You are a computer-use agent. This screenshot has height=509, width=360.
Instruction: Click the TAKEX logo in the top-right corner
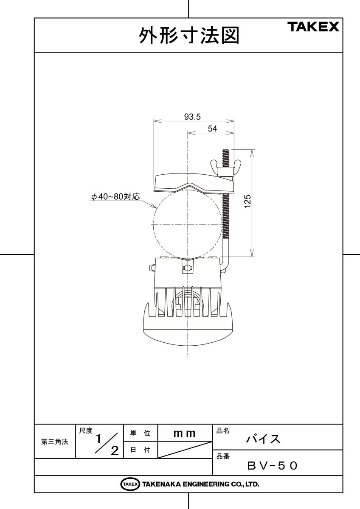tap(314, 28)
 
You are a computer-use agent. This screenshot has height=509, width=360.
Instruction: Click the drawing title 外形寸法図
tap(189, 36)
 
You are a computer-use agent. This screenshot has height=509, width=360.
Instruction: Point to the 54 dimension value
tap(212, 129)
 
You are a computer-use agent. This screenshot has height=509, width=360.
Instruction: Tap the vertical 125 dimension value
tap(248, 201)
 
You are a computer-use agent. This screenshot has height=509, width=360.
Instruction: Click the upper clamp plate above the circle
tap(193, 182)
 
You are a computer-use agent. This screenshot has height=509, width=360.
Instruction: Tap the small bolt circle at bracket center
tap(188, 268)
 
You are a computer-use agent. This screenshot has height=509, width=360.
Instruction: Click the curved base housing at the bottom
tap(188, 331)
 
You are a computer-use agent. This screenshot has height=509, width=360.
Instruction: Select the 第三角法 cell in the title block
tap(55, 442)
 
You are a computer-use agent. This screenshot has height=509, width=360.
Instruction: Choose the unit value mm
tap(185, 433)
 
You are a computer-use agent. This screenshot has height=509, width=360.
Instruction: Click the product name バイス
tap(263, 439)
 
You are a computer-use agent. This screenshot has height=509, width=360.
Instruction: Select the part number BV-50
tap(272, 466)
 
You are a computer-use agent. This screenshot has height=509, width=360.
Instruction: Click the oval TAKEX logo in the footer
tap(130, 484)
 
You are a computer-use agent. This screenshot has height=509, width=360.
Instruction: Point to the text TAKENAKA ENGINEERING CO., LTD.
tap(200, 484)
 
